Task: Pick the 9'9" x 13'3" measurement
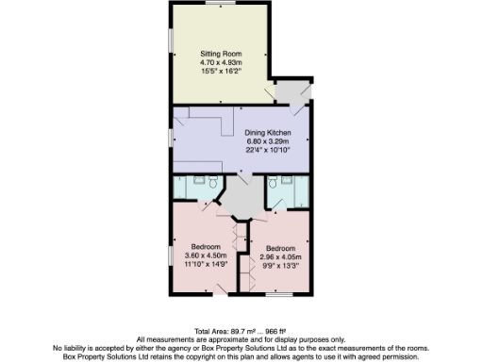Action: [279, 266]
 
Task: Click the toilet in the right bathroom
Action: [272, 181]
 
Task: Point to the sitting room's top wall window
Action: [219, 7]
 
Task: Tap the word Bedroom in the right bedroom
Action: [279, 249]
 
